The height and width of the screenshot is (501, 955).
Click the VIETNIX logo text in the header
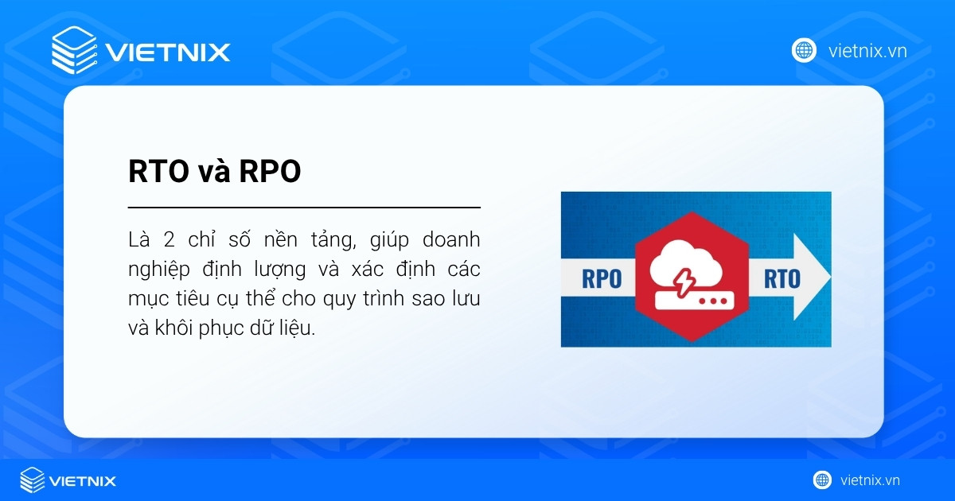tap(167, 52)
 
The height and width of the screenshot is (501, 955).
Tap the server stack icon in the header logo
tap(73, 50)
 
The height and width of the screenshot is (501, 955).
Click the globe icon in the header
tap(804, 51)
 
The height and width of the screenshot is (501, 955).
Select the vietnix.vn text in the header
tap(867, 51)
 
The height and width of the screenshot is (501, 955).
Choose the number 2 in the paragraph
tap(170, 239)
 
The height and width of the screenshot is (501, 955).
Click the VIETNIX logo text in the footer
tap(82, 480)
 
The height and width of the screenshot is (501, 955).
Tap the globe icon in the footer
tap(822, 480)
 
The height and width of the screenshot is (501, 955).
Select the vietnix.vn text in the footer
tap(870, 480)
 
